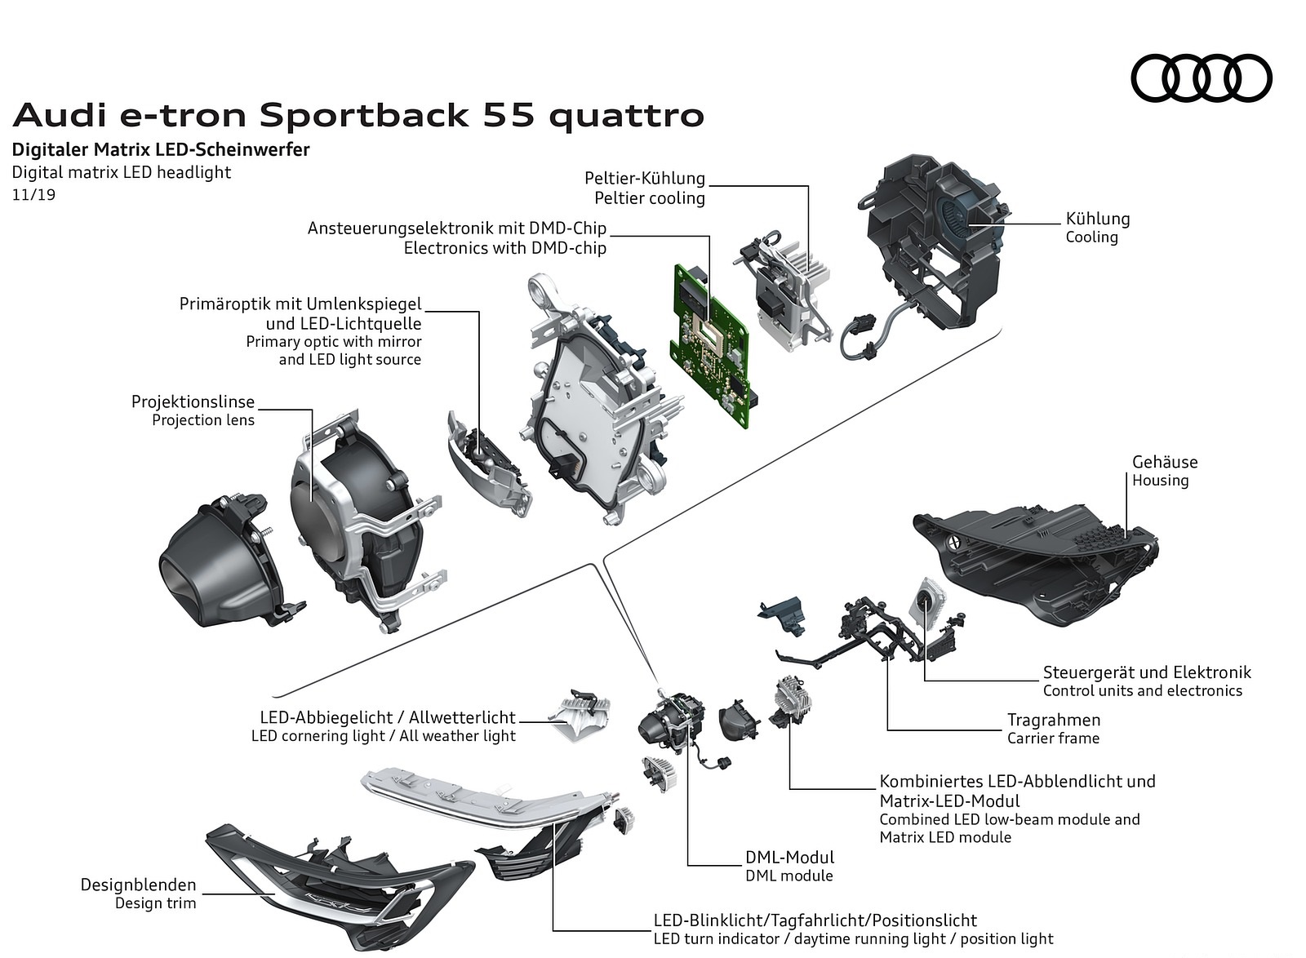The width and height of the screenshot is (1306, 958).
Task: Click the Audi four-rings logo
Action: tap(1201, 78)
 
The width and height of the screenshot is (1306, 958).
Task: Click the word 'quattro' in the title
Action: tap(626, 116)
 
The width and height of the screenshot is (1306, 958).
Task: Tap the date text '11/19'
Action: tap(33, 195)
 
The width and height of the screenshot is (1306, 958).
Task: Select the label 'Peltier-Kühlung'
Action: tap(644, 178)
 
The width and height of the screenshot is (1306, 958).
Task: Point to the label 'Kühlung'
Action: tap(1097, 219)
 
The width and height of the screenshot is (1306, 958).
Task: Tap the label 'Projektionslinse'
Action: tap(193, 401)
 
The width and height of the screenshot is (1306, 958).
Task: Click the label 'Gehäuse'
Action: tap(1164, 462)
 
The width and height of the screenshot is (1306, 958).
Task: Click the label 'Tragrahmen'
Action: tap(1053, 720)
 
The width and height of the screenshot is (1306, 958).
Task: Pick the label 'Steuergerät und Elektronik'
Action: tap(1146, 672)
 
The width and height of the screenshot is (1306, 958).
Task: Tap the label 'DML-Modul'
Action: tap(789, 857)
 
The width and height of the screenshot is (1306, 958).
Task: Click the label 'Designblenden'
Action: tap(138, 885)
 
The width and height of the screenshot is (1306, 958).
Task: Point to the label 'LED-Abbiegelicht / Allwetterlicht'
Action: tap(388, 717)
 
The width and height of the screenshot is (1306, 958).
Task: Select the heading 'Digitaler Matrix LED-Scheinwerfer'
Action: tap(161, 149)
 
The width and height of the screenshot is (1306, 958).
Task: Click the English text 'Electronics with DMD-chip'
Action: tap(504, 247)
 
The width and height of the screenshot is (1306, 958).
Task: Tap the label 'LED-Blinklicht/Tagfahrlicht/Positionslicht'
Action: tap(815, 920)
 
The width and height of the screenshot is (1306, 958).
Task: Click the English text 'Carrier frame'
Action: tap(1053, 738)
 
